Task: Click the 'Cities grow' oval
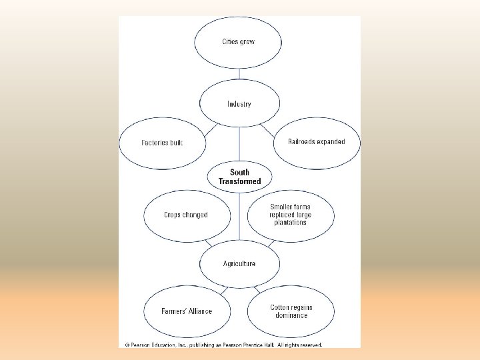coord(239,42)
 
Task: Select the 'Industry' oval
coord(239,104)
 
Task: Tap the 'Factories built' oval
coord(162,143)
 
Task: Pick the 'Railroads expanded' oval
coord(317,142)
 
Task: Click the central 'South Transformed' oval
coord(239,177)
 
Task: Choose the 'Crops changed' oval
coord(186,215)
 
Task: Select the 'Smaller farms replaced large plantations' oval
coord(291,215)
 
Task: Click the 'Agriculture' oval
coord(239,263)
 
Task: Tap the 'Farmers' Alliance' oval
coord(186,311)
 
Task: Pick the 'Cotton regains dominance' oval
coord(291,311)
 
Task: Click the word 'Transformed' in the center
coord(239,181)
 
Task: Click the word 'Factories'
coord(154,143)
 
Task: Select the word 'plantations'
coord(291,223)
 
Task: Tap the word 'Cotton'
coord(281,307)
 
